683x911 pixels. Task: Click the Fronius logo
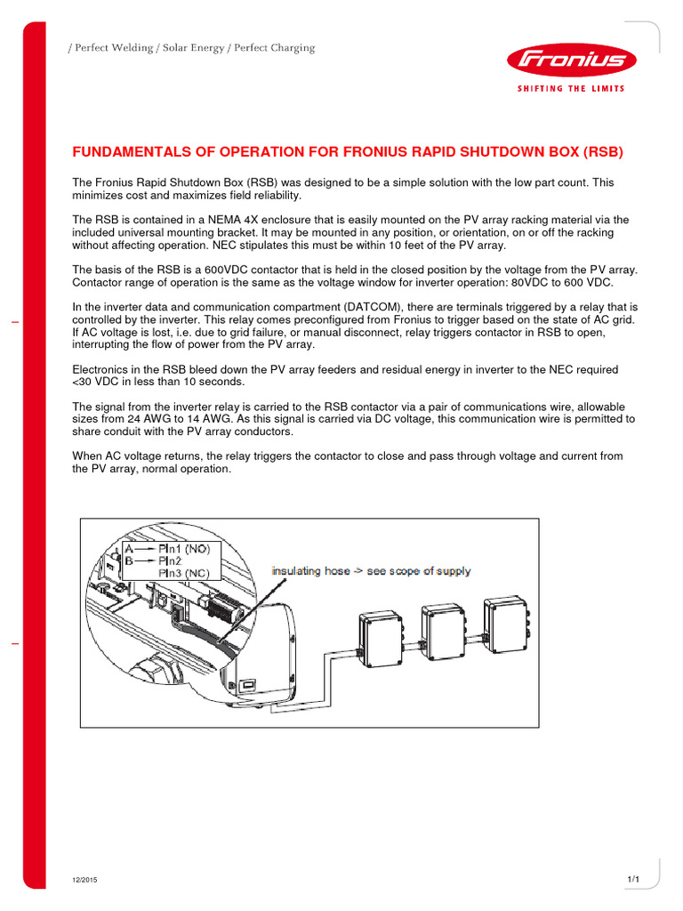point(570,61)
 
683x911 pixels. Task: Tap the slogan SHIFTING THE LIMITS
point(570,88)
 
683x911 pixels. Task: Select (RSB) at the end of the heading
point(604,152)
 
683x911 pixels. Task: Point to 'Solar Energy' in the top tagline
point(189,48)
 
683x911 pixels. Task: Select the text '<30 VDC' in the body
point(94,382)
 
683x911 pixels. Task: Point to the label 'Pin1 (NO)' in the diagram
point(184,549)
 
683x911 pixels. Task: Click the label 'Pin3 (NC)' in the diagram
point(184,574)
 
